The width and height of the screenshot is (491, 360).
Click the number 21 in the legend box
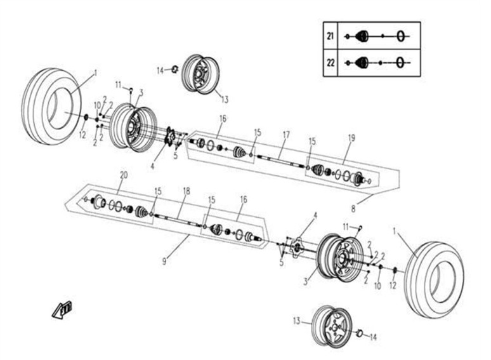point(330,36)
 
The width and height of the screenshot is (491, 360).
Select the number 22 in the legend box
point(331,63)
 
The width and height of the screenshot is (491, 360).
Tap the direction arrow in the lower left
point(62,310)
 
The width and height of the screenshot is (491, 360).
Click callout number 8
point(353,208)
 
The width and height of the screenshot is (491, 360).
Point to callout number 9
point(164,261)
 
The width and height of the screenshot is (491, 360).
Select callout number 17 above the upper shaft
point(286,135)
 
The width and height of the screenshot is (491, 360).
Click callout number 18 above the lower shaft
point(187,191)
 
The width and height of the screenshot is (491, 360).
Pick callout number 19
point(351,138)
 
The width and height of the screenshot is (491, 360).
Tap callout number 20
point(124,175)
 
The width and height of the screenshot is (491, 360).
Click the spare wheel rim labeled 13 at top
point(200,74)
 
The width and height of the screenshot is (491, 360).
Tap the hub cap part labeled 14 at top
point(175,69)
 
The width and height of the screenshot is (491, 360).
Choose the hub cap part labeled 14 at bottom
point(360,333)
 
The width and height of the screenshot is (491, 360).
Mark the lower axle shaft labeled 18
point(178,220)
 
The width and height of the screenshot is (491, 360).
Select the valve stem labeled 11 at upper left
point(131,90)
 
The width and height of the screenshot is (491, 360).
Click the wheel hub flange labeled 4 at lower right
point(296,247)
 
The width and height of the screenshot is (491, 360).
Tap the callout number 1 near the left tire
point(96,73)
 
